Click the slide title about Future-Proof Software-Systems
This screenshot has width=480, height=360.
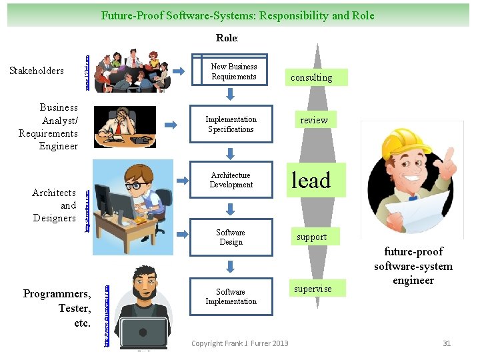point(238,15)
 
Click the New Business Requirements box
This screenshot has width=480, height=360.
point(233,71)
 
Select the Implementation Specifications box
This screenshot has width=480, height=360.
point(231,124)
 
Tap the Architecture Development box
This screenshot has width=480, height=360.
point(231,180)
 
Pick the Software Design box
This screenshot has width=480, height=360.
point(231,237)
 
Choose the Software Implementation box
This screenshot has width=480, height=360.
point(231,297)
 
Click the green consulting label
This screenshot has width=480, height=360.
point(311,77)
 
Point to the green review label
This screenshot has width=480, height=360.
point(313,120)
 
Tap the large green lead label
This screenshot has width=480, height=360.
point(310,180)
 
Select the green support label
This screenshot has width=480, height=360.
point(311,237)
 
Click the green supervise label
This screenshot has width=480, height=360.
point(313,289)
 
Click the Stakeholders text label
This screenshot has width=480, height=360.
point(37,71)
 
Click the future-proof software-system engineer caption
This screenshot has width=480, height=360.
point(413,266)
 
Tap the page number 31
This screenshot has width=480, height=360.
point(447,343)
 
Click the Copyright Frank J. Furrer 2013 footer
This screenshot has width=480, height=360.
point(239,343)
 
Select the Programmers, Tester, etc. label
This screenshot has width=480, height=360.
point(57,309)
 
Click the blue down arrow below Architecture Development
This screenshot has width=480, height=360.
point(231,209)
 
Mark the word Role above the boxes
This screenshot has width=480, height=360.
point(227,38)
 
